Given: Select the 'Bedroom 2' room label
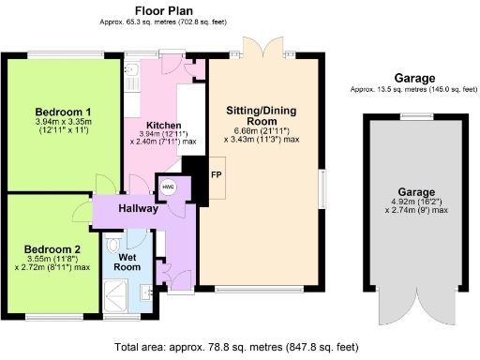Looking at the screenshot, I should coord(52,248).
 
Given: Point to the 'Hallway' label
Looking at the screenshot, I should coord(138,208).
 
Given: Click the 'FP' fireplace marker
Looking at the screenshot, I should coord(216,176).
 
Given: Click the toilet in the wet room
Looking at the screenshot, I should coord(115,246).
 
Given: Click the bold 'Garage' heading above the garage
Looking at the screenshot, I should coord(414,79).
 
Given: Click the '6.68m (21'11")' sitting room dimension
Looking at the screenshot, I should coord(262,130).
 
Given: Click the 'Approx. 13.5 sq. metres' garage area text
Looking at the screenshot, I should coord(414,89).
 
